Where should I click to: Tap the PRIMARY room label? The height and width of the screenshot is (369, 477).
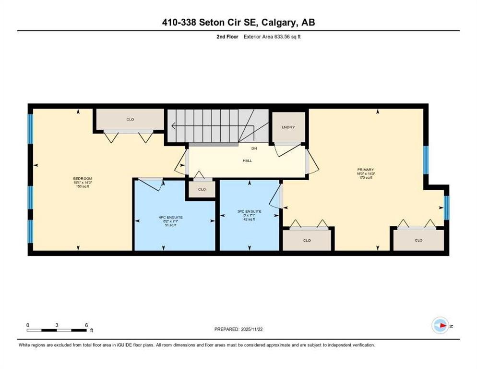(x=366, y=170)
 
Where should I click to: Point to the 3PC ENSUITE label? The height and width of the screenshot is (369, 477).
(x=250, y=211)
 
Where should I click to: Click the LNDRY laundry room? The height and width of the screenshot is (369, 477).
(x=288, y=127)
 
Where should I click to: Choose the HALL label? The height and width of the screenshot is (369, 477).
(x=247, y=160)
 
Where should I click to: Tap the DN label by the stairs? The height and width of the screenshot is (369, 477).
(x=254, y=149)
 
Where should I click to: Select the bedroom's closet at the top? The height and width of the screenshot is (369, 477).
(x=130, y=119)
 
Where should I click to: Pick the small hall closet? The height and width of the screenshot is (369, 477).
(x=202, y=189)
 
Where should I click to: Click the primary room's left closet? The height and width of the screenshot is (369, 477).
(x=307, y=240)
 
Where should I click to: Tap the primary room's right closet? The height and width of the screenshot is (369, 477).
(x=418, y=240)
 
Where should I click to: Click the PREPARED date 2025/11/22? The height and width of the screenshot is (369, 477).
(x=238, y=329)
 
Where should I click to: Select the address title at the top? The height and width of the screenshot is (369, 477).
(x=238, y=23)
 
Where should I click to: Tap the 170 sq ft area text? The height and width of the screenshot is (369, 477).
(x=366, y=178)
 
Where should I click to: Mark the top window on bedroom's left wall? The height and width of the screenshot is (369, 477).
(x=30, y=129)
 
